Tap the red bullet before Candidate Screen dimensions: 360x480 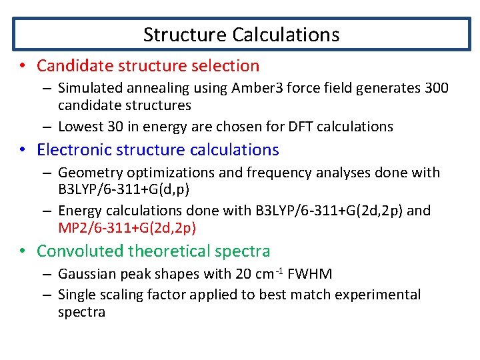pyautogui.click(x=23, y=66)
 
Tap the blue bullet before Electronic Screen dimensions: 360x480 pyautogui.click(x=23, y=150)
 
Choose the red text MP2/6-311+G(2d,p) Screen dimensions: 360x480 pyautogui.click(x=127, y=228)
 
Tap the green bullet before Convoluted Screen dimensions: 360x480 pyautogui.click(x=23, y=251)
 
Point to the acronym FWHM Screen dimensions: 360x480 pyautogui.click(x=311, y=274)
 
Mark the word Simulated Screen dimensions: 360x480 pyautogui.click(x=89, y=88)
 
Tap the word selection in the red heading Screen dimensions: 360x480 pyautogui.click(x=225, y=66)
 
